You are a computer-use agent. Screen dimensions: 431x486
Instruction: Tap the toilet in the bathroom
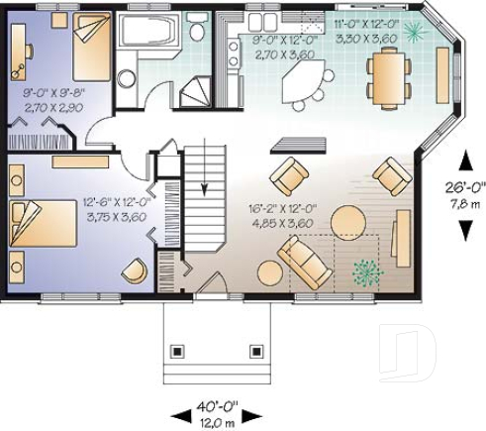point(198,34)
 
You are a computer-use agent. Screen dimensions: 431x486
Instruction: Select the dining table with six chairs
point(386,77)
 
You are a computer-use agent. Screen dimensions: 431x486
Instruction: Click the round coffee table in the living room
point(347,219)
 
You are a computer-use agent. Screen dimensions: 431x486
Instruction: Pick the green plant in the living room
point(366,270)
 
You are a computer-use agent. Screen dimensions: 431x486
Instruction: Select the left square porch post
point(179,351)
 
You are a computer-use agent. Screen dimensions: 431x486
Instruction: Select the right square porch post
point(257,351)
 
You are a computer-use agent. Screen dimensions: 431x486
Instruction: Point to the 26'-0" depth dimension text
point(463,188)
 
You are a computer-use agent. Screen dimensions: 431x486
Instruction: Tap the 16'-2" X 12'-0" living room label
point(281,216)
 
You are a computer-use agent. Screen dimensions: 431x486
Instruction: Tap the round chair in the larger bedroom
point(133,269)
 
